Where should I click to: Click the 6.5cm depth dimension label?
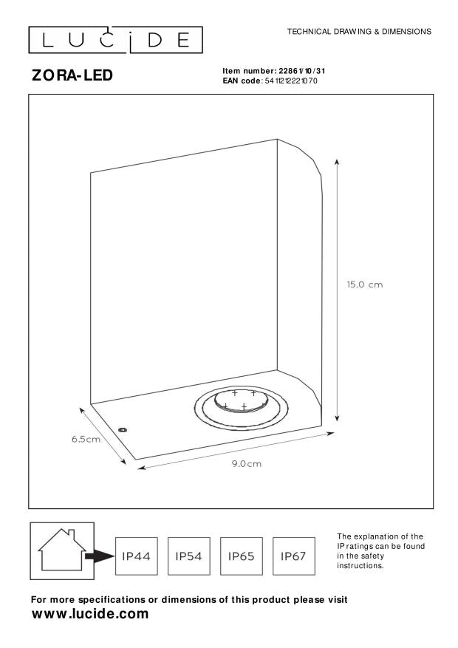tap(86, 440)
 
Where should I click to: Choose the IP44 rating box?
tap(136, 555)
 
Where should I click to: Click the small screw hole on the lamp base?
tap(123, 428)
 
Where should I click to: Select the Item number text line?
tap(274, 71)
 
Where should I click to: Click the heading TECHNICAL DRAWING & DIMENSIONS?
tap(359, 32)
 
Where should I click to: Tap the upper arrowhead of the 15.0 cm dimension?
tap(338, 162)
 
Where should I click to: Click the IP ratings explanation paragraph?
tap(380, 550)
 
